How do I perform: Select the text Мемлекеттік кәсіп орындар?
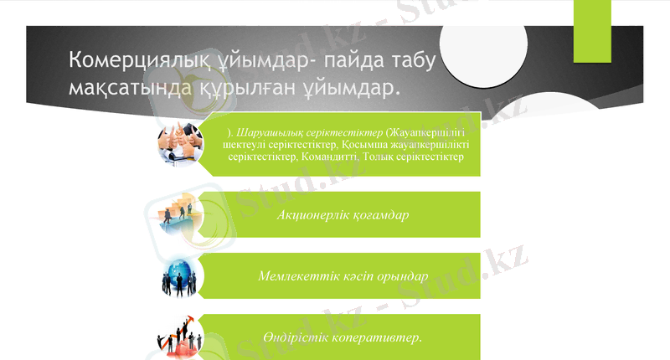click(x=343, y=275)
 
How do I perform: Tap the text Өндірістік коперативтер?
click(x=342, y=337)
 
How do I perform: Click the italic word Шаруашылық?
click(x=267, y=132)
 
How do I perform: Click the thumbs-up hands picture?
click(x=178, y=143)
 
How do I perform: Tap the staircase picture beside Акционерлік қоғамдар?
click(x=178, y=214)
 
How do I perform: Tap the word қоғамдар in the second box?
click(x=378, y=215)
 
